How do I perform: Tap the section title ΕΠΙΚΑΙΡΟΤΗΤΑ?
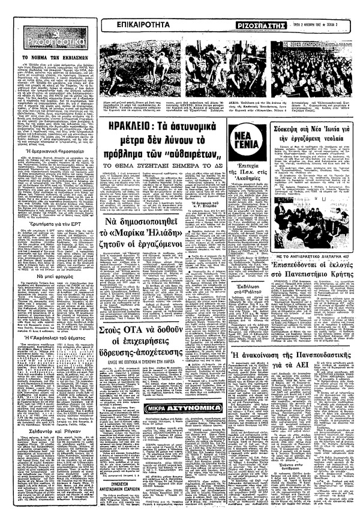click(133, 25)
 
